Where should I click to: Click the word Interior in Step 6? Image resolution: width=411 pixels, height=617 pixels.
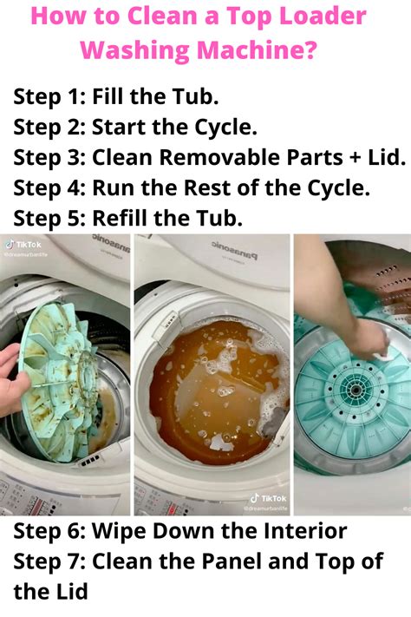(297, 530)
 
